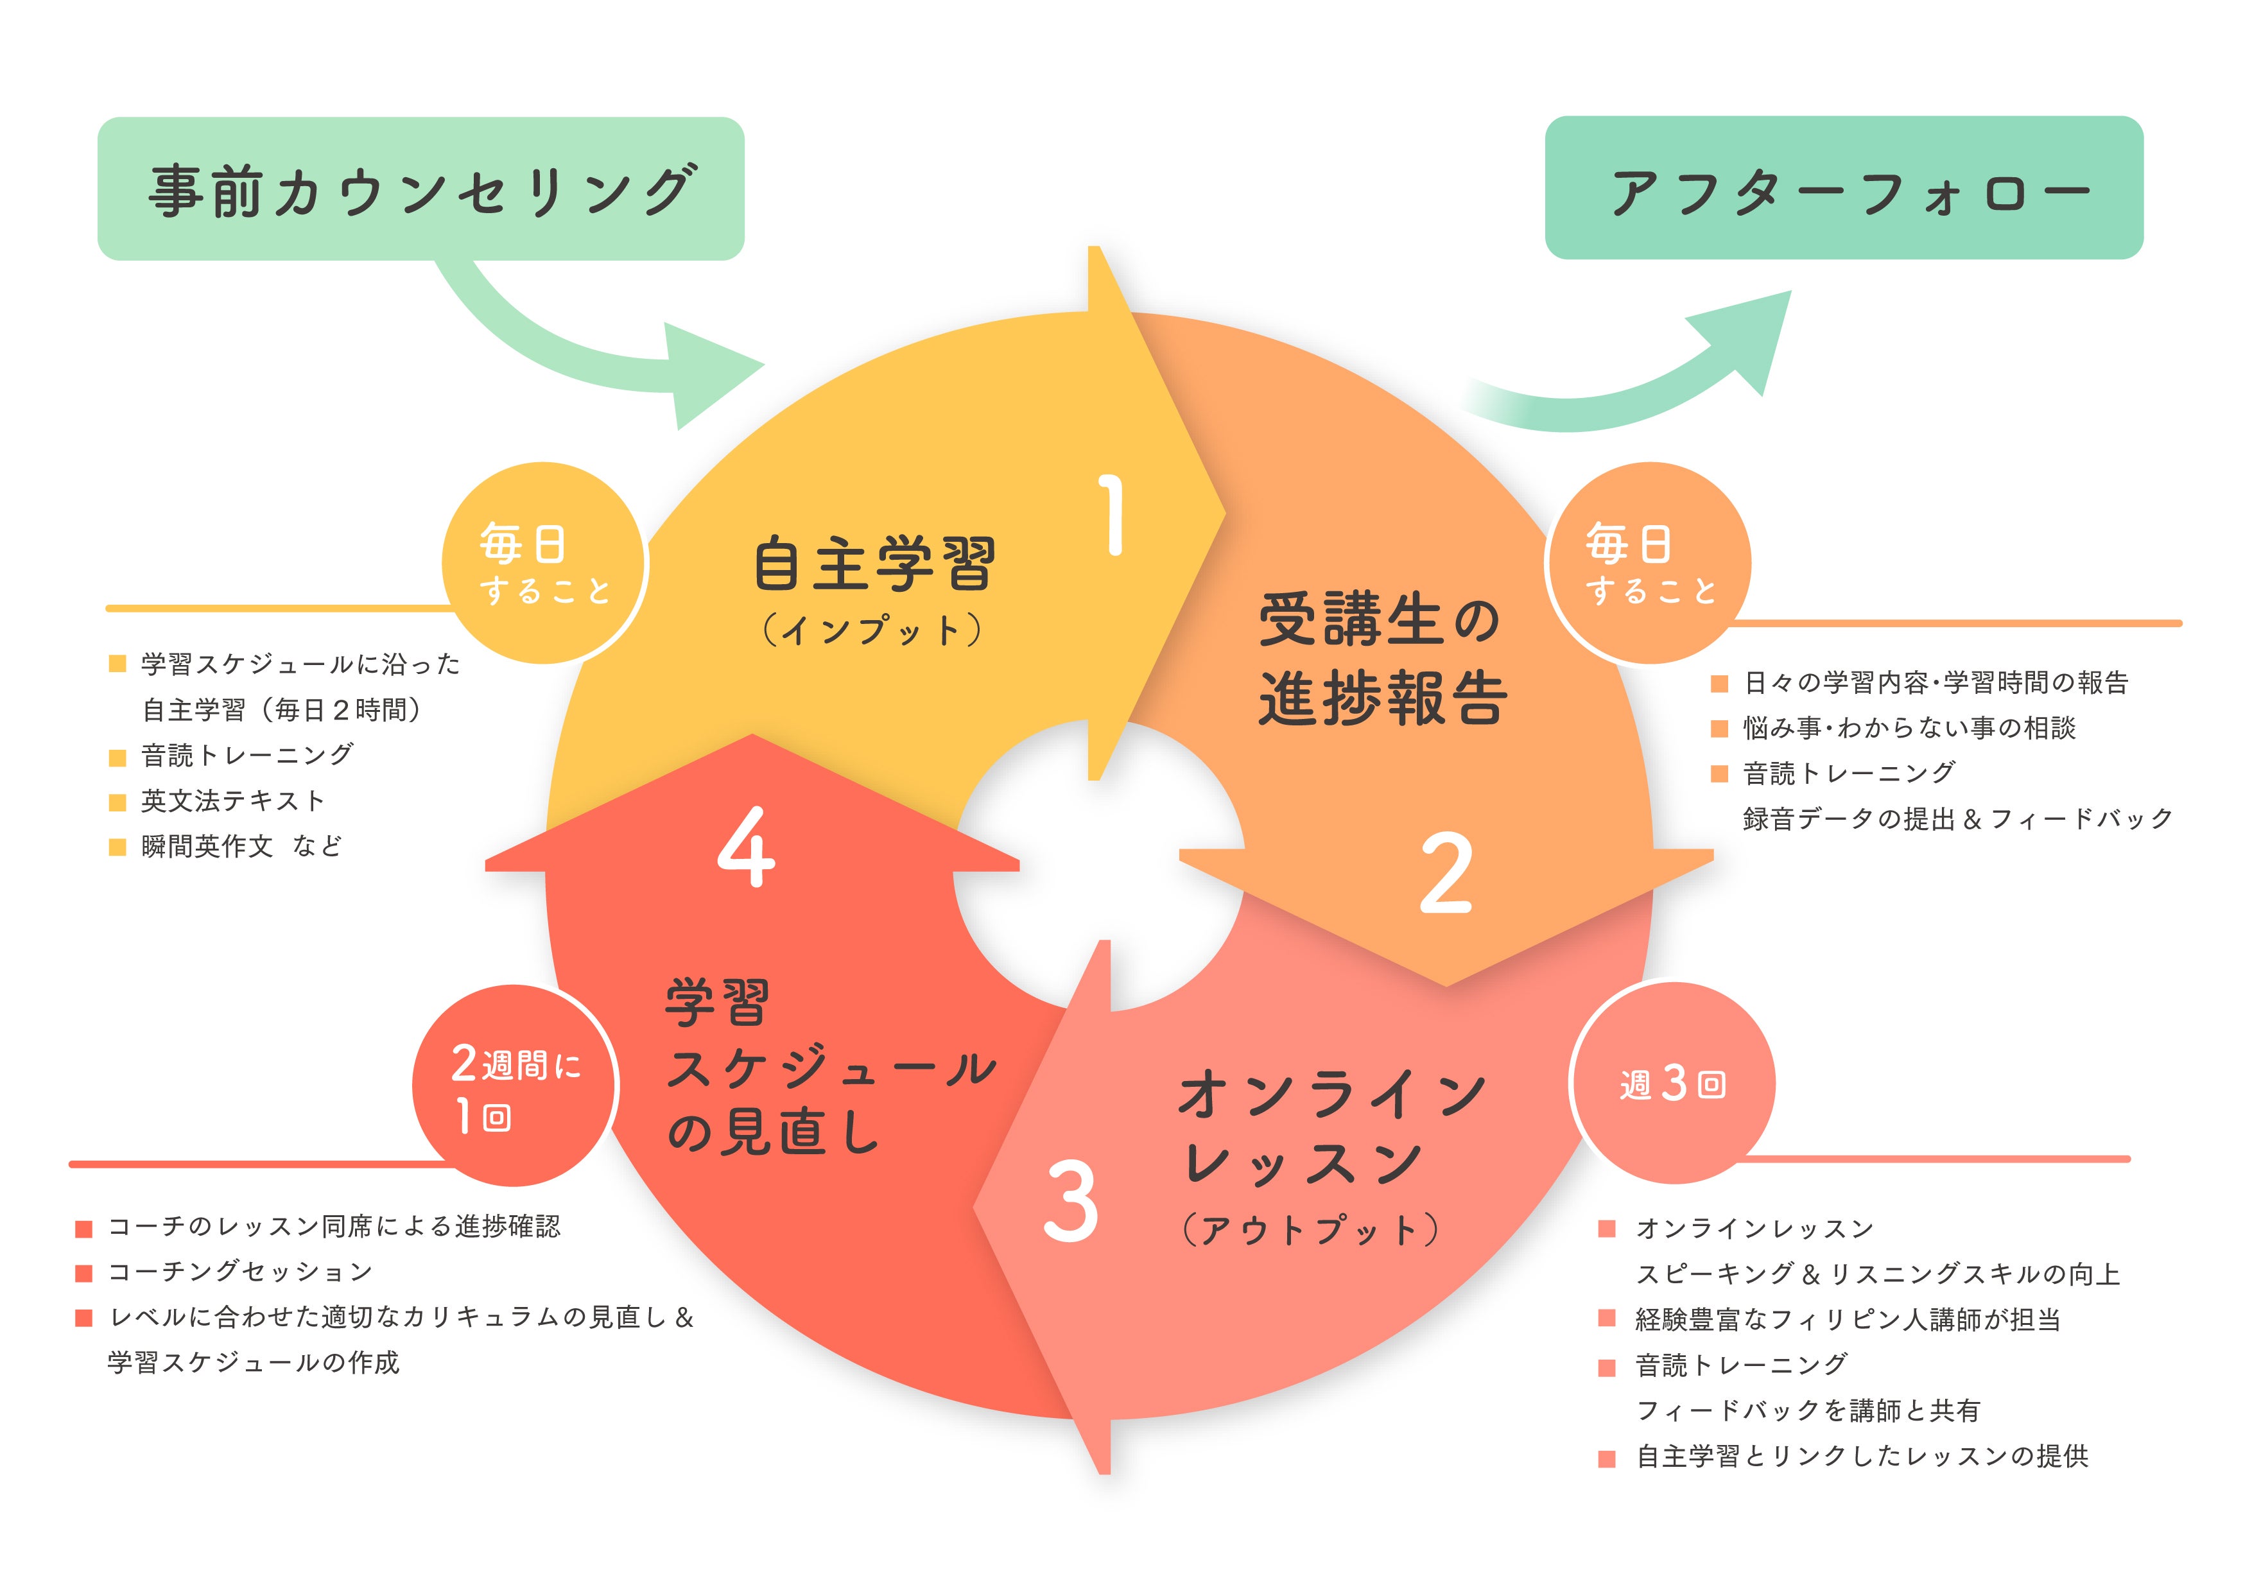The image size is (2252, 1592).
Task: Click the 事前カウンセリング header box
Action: click(420, 189)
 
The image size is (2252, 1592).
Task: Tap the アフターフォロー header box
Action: click(1843, 188)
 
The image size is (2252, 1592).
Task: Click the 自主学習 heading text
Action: click(874, 564)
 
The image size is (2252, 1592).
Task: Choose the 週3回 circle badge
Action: click(1672, 1084)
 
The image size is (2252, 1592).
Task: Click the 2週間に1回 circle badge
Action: click(515, 1086)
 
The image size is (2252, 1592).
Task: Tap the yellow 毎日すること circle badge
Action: click(544, 564)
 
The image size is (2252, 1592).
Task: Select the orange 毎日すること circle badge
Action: click(1649, 564)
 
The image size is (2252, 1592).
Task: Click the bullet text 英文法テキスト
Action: click(232, 800)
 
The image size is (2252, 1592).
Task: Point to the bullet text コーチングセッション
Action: click(240, 1271)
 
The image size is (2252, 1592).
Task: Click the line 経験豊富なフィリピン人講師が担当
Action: click(1848, 1319)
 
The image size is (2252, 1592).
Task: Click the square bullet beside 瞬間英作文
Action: click(117, 847)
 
